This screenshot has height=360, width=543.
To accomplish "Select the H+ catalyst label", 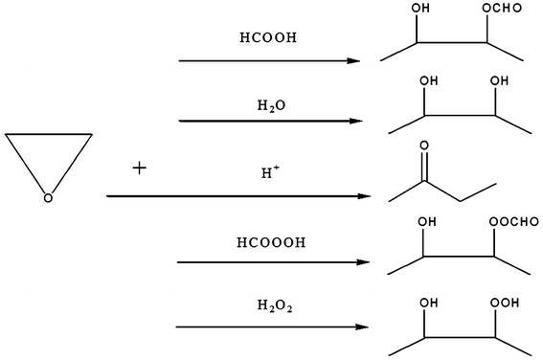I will pyautogui.click(x=270, y=173).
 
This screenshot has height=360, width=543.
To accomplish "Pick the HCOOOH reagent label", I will pyautogui.click(x=271, y=242).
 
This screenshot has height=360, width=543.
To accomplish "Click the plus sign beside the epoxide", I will pyautogui.click(x=141, y=168).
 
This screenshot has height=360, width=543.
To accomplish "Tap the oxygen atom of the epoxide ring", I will pyautogui.click(x=47, y=198).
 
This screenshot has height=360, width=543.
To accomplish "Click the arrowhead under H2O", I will pyautogui.click(x=355, y=122).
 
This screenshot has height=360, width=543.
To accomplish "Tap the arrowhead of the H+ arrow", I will pyautogui.click(x=366, y=196).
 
